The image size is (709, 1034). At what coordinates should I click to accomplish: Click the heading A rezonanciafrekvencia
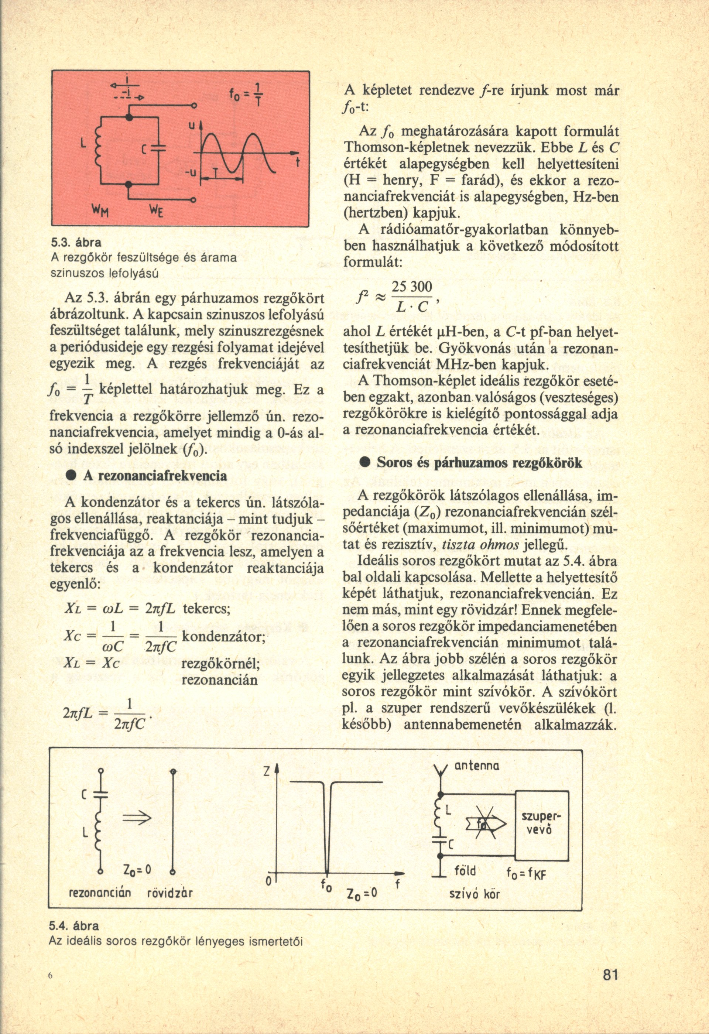click(x=155, y=475)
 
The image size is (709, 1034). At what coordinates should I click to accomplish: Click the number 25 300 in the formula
click(x=412, y=288)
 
